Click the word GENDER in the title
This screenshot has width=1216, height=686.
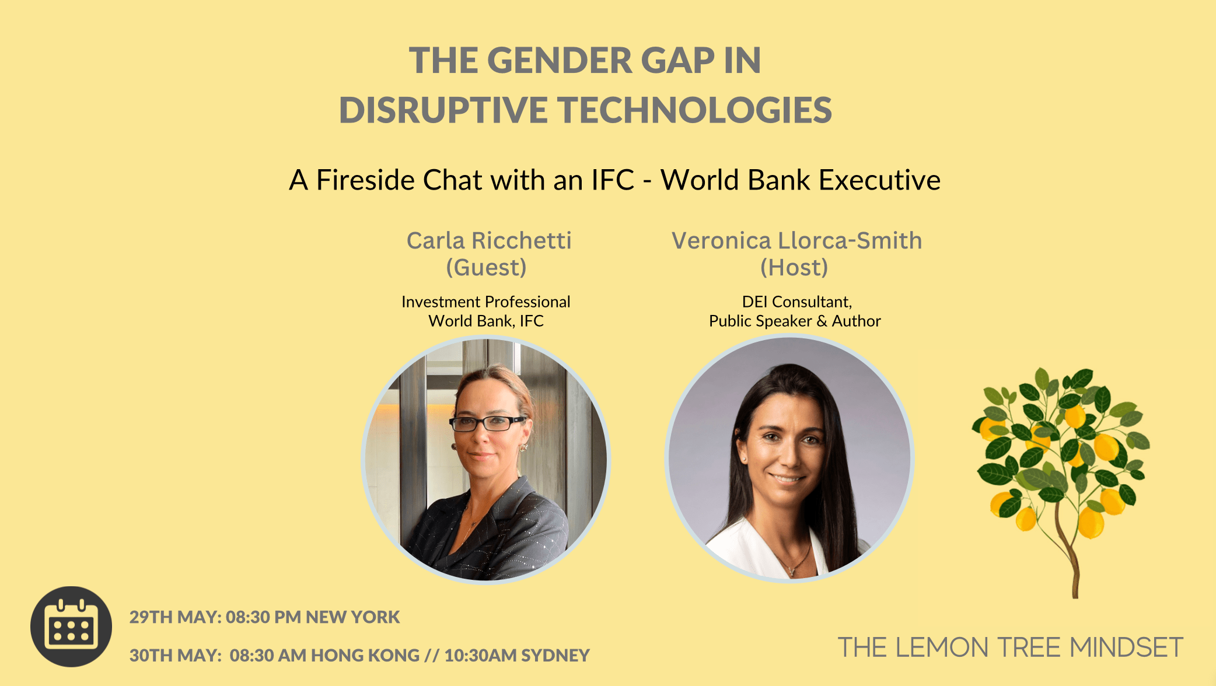(560, 61)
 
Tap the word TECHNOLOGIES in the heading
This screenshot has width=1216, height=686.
(695, 110)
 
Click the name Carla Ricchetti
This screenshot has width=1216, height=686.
(489, 240)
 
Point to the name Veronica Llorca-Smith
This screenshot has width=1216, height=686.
(796, 240)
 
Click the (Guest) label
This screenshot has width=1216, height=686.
(487, 268)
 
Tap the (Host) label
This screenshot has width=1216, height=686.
(794, 268)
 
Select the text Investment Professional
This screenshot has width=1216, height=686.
(486, 302)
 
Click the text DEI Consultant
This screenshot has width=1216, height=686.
(796, 302)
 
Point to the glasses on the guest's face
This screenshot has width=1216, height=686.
(487, 423)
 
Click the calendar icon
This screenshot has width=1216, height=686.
(71, 626)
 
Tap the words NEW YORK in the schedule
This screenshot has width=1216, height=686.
(353, 617)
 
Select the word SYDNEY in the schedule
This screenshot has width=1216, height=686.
(555, 656)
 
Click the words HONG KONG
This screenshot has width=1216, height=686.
(365, 656)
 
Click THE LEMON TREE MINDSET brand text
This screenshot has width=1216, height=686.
(1010, 647)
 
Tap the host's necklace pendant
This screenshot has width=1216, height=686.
(792, 569)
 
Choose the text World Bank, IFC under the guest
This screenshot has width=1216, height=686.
(486, 321)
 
